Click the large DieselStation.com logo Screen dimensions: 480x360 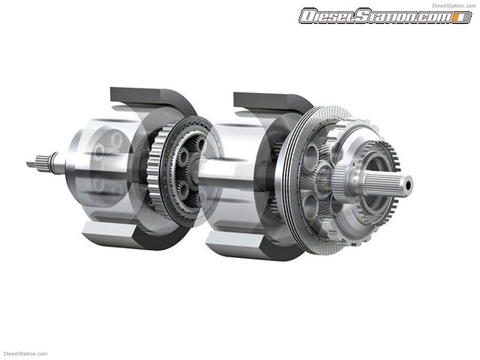tap(385, 16)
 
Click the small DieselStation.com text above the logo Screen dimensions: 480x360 tap(454, 5)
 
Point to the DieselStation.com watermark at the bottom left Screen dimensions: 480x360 tap(25, 354)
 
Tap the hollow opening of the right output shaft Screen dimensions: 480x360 tap(408, 184)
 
